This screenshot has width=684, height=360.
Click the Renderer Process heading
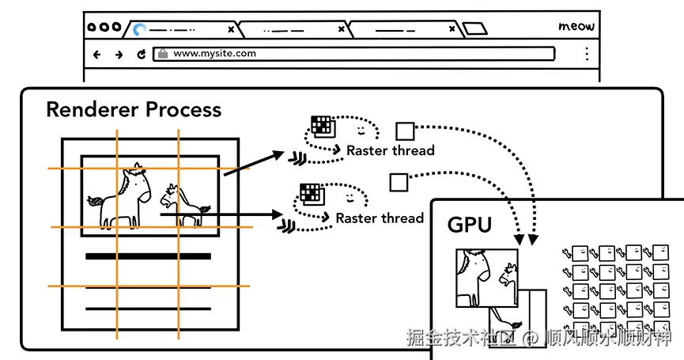pyautogui.click(x=134, y=109)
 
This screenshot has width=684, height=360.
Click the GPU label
pyautogui.click(x=470, y=225)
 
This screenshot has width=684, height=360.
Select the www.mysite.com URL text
pyautogui.click(x=214, y=54)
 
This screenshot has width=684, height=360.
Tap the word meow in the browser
pyautogui.click(x=576, y=26)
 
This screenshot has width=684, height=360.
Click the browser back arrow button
pyautogui.click(x=97, y=55)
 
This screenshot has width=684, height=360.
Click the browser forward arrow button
pyautogui.click(x=119, y=55)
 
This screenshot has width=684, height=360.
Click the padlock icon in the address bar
pyautogui.click(x=163, y=54)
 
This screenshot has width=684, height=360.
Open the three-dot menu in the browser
pyautogui.click(x=586, y=54)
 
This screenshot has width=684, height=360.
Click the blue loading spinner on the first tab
pyautogui.click(x=140, y=30)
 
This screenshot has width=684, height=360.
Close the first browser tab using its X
pyautogui.click(x=231, y=29)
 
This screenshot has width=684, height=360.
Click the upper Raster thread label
pyautogui.click(x=390, y=150)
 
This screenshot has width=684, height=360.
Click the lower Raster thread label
pyautogui.click(x=380, y=218)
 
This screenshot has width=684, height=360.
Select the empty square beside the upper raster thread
pyautogui.click(x=405, y=131)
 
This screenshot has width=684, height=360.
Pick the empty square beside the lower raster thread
pyautogui.click(x=398, y=183)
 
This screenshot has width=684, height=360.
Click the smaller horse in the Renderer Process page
pyautogui.click(x=182, y=203)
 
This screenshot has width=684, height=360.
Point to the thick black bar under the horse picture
pyautogui.click(x=148, y=256)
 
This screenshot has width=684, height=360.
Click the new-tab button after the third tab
pyautogui.click(x=474, y=29)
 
